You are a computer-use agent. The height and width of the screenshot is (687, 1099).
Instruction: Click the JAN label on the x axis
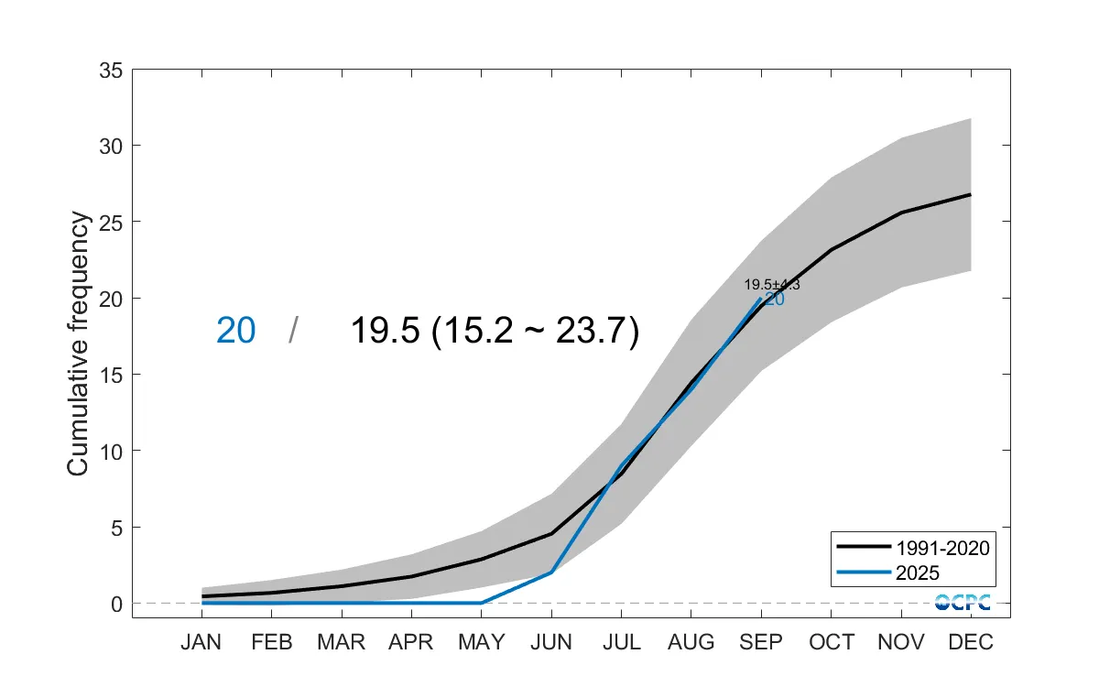(201, 643)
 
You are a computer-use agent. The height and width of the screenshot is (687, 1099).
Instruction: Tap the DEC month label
(970, 643)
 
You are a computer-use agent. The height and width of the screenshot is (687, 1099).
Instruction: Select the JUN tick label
(550, 643)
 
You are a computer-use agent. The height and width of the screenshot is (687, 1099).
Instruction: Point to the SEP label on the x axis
(760, 643)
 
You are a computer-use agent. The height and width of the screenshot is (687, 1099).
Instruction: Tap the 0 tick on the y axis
(116, 604)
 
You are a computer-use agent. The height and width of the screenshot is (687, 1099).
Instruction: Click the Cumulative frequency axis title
(79, 343)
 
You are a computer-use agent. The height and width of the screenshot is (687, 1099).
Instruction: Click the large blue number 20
(235, 331)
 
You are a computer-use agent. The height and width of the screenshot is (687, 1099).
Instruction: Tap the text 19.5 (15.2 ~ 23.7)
(495, 331)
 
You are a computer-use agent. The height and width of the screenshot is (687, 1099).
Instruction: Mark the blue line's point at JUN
(550, 572)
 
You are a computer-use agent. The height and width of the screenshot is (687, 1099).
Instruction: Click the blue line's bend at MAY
(481, 603)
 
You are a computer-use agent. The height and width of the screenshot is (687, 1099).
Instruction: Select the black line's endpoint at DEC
(970, 194)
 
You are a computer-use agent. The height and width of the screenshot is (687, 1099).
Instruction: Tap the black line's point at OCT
(830, 249)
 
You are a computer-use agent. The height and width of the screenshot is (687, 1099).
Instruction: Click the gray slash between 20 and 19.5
(292, 331)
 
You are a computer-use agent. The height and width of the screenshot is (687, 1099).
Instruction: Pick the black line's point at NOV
(900, 213)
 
